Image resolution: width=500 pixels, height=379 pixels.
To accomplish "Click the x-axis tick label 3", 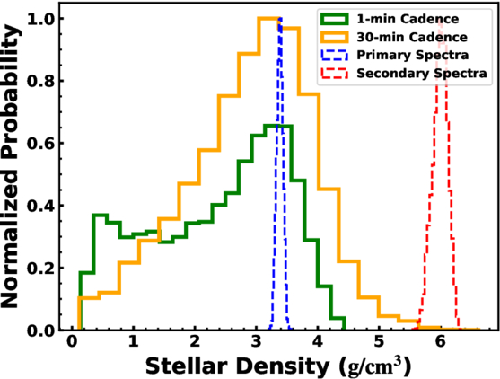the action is click(256, 341).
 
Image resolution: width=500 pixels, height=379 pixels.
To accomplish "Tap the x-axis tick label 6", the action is click(441, 341).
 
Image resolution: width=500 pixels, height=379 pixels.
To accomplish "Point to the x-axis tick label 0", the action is click(72, 341).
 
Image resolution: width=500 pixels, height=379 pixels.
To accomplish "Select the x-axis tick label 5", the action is click(379, 341).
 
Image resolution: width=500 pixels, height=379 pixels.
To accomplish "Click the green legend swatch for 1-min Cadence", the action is click(334, 19).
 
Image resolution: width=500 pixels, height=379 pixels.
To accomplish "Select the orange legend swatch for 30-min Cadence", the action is click(334, 38).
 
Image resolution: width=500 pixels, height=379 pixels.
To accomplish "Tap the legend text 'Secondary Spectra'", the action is click(422, 74).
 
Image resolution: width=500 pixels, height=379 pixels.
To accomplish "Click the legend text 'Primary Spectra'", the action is click(412, 55).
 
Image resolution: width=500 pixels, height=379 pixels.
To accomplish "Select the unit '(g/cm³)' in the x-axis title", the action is click(374, 366).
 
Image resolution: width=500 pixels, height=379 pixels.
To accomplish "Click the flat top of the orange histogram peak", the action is click(269, 19).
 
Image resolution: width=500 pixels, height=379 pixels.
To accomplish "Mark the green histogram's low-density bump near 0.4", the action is click(101, 216).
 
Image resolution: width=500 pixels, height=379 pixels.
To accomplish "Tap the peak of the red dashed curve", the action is click(441, 20).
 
